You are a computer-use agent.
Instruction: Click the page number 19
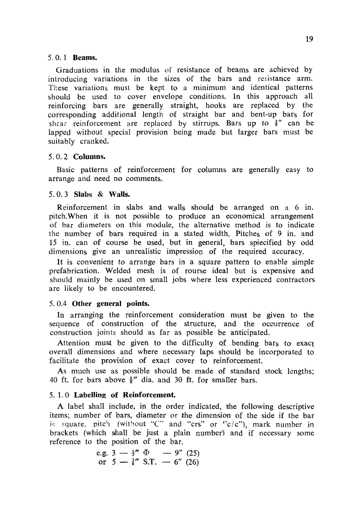[309, 39]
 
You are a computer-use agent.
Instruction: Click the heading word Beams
[85, 58]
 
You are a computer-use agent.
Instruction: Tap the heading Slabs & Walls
[102, 195]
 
